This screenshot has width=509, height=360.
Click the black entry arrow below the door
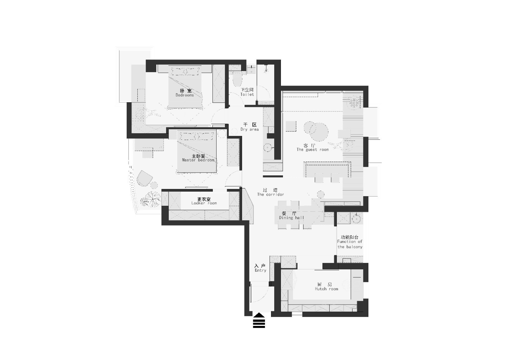259,321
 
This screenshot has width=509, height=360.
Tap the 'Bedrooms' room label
185,95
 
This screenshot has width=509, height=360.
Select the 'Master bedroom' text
198,160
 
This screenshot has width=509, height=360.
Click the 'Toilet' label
247,95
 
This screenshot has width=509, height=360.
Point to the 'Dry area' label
249,130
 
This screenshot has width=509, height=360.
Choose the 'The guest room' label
312,150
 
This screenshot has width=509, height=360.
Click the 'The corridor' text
270,194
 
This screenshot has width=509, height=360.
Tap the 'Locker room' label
204,203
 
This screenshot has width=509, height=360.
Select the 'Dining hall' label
291,218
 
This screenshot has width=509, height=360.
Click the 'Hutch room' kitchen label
326,289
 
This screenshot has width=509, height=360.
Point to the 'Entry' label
261,270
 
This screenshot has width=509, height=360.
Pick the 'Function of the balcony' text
350,244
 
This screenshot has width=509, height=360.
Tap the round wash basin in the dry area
268,148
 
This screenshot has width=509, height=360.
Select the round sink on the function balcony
356,219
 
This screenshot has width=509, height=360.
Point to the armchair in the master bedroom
144,178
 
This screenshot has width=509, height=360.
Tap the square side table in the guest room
291,126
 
